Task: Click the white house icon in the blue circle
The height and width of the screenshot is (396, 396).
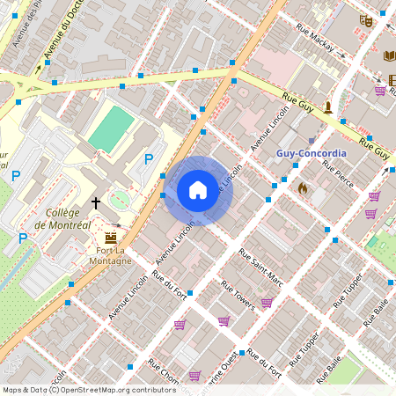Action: (198, 190)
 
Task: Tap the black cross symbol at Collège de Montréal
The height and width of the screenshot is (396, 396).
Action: (95, 202)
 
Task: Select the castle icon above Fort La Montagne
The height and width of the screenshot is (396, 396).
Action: (111, 238)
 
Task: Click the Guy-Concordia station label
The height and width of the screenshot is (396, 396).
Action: (312, 152)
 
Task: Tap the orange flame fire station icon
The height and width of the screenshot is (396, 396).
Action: (303, 187)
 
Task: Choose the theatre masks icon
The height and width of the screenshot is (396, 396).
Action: (366, 19)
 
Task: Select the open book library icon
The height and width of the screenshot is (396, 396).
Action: (390, 56)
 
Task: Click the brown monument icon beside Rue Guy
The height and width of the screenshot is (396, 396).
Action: (329, 107)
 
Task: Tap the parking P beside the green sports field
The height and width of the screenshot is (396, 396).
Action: (149, 159)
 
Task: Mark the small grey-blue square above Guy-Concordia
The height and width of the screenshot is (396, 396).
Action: (312, 140)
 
